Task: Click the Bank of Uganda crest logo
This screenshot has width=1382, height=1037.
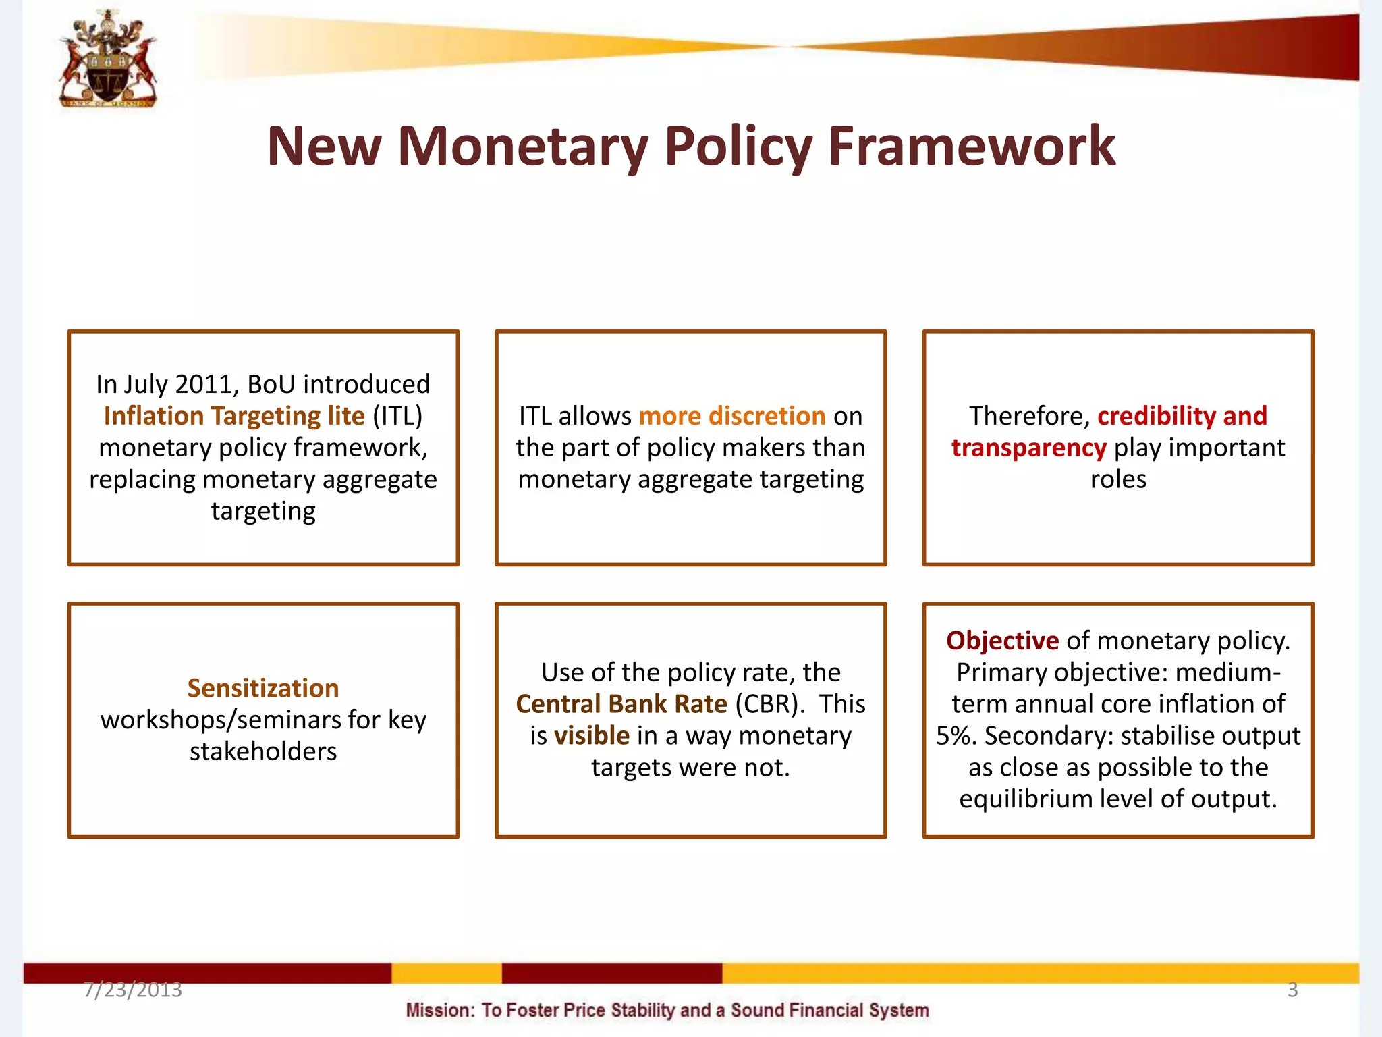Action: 108,59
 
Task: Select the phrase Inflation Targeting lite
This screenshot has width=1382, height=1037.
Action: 234,416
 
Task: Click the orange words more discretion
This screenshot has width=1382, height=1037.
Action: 732,416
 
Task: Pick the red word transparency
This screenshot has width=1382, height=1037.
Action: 1028,448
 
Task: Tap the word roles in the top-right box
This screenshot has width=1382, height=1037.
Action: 1118,479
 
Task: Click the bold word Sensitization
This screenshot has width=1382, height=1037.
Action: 263,688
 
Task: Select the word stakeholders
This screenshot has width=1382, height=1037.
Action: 263,751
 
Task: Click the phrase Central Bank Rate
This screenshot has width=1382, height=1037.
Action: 621,704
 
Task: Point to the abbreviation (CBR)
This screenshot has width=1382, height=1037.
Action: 769,704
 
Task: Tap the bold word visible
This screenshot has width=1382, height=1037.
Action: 592,736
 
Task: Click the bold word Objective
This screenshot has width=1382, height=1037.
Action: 1002,641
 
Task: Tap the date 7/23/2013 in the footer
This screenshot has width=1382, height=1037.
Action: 133,990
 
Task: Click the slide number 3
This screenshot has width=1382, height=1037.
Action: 1292,990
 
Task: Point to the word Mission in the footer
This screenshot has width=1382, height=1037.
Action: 441,1011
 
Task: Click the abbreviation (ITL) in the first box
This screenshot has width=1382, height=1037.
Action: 397,416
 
